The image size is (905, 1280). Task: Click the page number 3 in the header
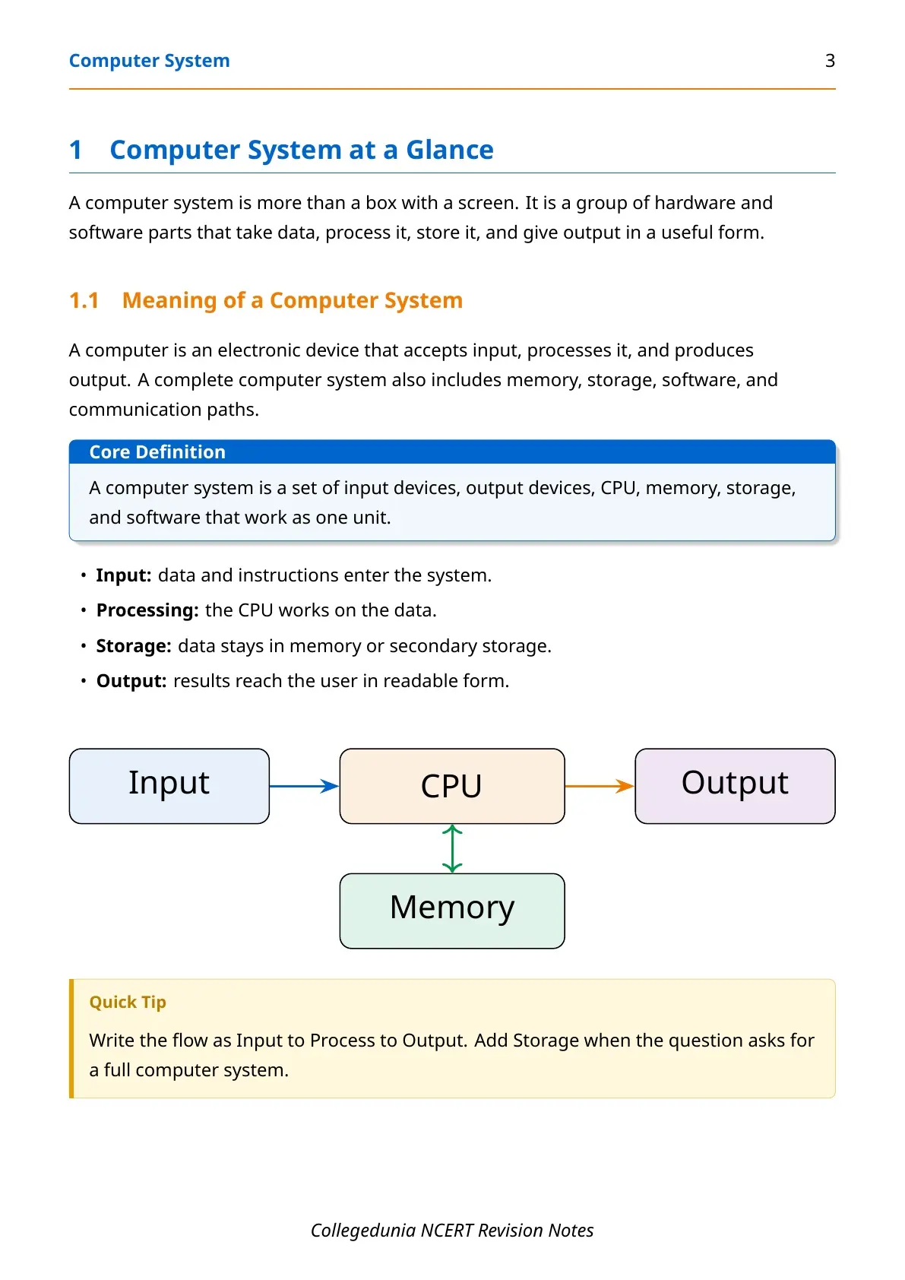830,61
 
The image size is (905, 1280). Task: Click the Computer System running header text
149,61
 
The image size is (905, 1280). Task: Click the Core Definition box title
157,452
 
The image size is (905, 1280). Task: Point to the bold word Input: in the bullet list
123,575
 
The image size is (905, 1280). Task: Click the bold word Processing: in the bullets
147,610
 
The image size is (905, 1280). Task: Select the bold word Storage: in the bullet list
134,646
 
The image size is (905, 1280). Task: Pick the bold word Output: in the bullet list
131,681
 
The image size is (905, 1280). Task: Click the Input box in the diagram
169,786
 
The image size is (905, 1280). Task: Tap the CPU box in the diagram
452,786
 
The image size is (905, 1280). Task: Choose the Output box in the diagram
735,786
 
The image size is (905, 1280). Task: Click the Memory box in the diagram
452,911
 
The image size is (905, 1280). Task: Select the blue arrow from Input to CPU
304,786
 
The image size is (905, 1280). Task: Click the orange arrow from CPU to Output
600,786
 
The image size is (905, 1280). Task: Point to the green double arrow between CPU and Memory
452,848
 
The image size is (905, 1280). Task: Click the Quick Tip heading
128,1003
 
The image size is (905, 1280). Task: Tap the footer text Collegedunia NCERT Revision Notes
452,1231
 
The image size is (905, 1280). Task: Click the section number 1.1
84,300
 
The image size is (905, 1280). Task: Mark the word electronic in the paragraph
259,350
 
